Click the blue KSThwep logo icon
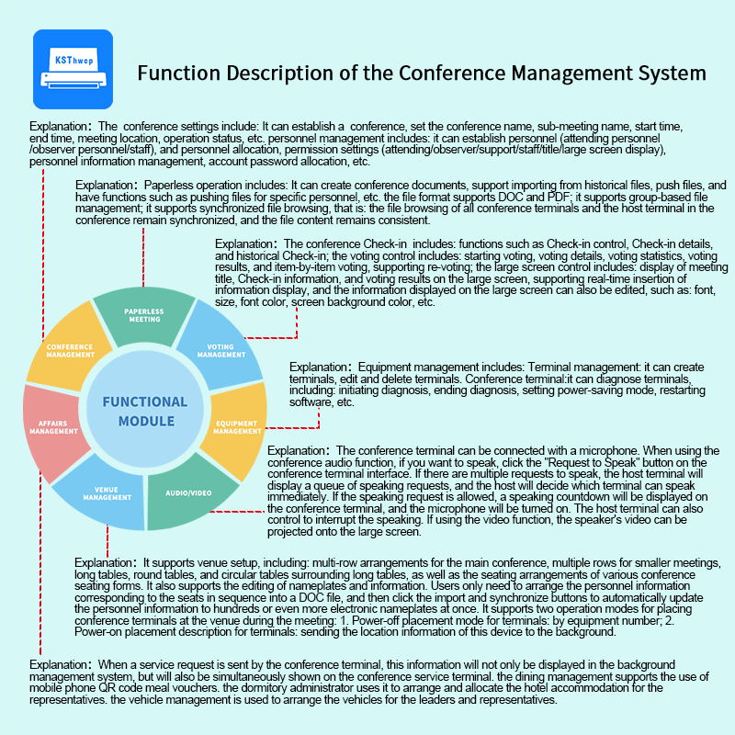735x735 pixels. (x=72, y=70)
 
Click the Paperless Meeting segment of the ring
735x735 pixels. (x=144, y=316)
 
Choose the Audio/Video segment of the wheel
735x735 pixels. (x=188, y=493)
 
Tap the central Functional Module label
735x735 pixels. (x=144, y=412)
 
